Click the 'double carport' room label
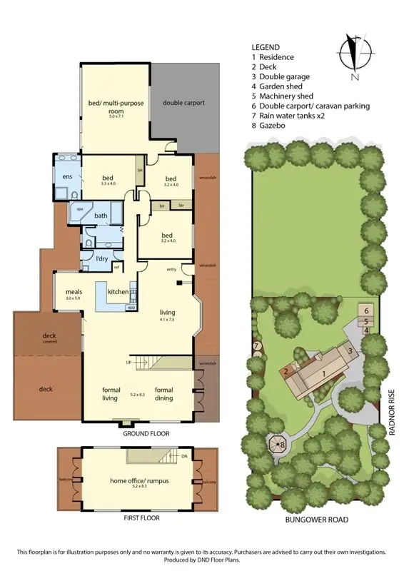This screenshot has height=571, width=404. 183,103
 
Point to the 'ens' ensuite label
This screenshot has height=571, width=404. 67,176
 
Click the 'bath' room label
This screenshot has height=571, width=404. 101,216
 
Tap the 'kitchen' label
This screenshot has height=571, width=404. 118,292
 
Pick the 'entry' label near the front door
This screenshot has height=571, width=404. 171,269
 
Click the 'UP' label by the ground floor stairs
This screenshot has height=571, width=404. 128,362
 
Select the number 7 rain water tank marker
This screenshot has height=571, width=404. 256,346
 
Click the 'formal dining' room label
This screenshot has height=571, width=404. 164,390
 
